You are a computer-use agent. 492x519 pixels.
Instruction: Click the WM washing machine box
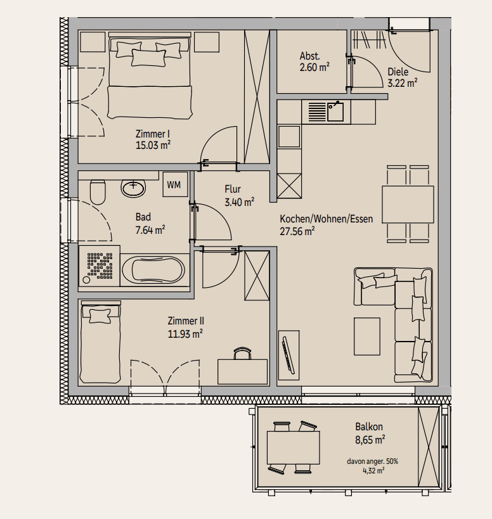click(175, 184)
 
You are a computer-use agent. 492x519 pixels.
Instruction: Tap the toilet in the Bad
click(98, 192)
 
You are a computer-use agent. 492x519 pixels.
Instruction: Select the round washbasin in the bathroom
click(133, 188)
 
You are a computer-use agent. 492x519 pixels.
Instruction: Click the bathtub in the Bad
click(153, 270)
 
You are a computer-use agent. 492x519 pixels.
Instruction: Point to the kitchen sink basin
click(335, 112)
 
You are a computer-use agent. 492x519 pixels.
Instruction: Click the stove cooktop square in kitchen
click(289, 136)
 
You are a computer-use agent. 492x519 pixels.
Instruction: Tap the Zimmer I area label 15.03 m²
click(153, 145)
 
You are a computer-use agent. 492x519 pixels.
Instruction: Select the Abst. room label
click(310, 56)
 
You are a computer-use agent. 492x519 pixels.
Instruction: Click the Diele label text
click(398, 72)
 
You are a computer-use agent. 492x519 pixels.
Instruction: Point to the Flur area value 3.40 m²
click(240, 202)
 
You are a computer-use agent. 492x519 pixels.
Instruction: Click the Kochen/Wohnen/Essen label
click(327, 219)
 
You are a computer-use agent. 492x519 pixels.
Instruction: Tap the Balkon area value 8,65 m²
click(370, 440)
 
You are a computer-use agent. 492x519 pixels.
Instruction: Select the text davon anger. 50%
click(372, 461)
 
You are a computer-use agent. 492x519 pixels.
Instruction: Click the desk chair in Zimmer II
click(242, 353)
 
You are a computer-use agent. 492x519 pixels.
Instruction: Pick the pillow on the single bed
click(100, 316)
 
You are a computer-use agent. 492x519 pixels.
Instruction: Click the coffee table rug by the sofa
click(367, 336)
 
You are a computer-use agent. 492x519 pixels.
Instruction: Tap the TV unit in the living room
click(288, 355)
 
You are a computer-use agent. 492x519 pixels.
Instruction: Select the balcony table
click(294, 447)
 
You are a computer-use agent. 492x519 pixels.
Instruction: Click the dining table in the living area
click(408, 204)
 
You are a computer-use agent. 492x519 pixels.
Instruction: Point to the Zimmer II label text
click(186, 321)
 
